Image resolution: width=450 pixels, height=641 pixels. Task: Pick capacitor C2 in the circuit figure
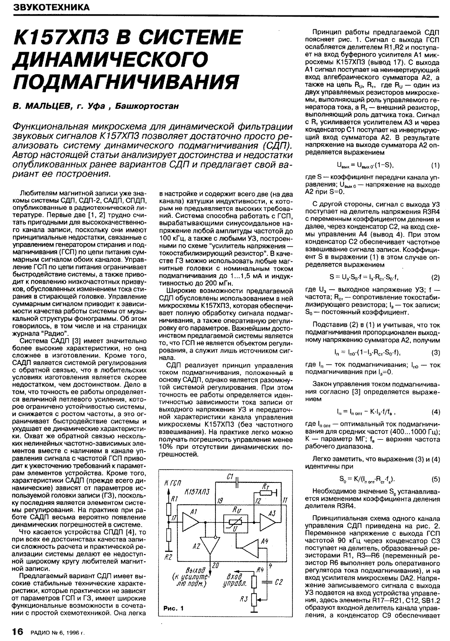click(x=268, y=582)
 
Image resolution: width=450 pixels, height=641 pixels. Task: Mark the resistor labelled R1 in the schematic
click(x=168, y=506)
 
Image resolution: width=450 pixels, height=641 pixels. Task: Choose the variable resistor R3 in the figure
click(x=255, y=598)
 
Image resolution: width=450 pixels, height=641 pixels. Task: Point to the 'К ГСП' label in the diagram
click(x=173, y=483)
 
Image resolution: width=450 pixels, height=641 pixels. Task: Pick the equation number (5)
click(x=435, y=479)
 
